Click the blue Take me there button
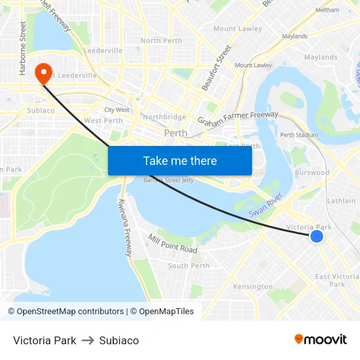(x=180, y=160)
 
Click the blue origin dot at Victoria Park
(x=317, y=236)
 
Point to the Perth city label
(x=175, y=133)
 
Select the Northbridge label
(x=164, y=117)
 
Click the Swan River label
(x=265, y=205)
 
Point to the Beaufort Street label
(x=217, y=67)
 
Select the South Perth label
(x=189, y=266)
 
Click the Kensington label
(x=253, y=287)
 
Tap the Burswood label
(x=312, y=173)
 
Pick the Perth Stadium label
(x=298, y=135)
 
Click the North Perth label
(x=161, y=41)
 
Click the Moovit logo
(x=321, y=339)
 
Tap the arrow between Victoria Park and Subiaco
(x=88, y=340)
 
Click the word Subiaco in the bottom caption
(x=119, y=340)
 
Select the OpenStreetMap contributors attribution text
(x=70, y=312)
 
